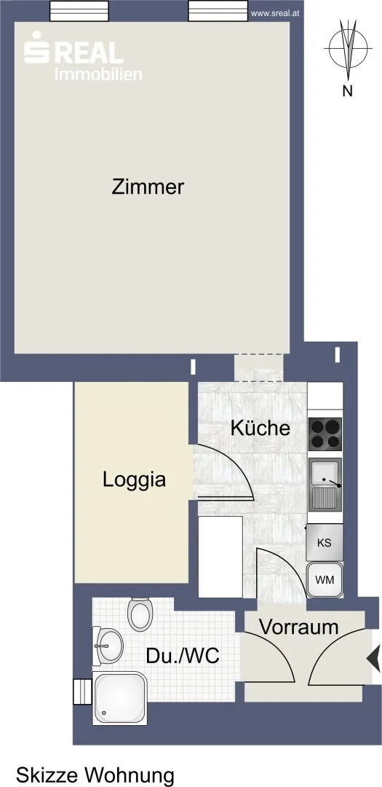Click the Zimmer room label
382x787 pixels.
tap(148, 187)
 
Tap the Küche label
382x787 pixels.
tap(260, 428)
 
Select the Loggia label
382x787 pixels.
tap(135, 480)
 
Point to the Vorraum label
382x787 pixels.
tap(299, 627)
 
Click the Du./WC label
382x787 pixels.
tap(183, 656)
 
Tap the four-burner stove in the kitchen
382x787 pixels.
tap(325, 434)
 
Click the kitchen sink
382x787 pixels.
tap(325, 485)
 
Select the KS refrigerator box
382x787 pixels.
tap(325, 543)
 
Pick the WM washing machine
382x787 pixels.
tap(325, 580)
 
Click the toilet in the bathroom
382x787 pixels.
tap(140, 614)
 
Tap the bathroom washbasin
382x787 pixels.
tap(108, 646)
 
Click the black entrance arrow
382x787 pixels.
tap(374, 657)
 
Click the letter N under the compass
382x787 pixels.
tap(347, 91)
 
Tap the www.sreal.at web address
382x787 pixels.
tap(275, 14)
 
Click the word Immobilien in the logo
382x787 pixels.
tap(98, 74)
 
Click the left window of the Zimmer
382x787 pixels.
tap(80, 10)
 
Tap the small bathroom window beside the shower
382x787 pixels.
tap(83, 692)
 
